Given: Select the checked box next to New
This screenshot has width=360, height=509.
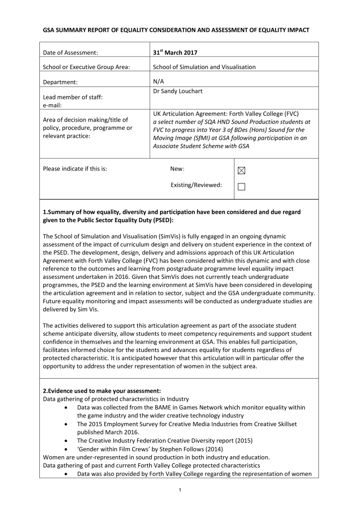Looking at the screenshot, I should (x=242, y=170).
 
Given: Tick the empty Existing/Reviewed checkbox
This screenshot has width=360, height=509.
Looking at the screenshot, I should (x=242, y=187).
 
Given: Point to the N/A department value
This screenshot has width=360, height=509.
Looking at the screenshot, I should (x=158, y=81).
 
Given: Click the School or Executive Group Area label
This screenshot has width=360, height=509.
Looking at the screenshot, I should (x=87, y=67).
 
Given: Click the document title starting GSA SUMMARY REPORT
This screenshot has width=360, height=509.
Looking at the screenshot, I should (x=176, y=30).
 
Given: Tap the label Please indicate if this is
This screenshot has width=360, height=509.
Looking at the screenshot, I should (x=75, y=169).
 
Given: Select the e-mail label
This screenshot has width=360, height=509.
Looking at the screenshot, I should (x=53, y=105).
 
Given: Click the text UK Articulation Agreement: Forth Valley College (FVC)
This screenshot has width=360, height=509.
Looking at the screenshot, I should (x=226, y=113).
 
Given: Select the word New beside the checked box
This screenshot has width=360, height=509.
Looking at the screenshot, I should (x=178, y=169).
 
